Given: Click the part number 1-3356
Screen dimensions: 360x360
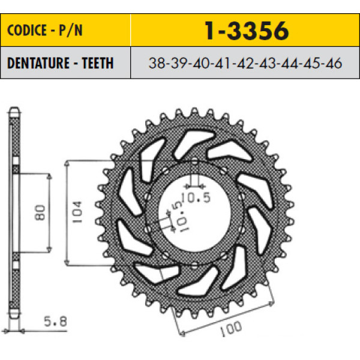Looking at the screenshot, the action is click(246, 31).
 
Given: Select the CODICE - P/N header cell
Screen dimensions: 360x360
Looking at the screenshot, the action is click(65, 31).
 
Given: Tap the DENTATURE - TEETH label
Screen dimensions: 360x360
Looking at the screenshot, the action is click(61, 63).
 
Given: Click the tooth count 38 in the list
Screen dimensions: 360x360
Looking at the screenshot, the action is click(157, 64).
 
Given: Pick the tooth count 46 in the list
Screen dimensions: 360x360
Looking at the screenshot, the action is click(334, 64).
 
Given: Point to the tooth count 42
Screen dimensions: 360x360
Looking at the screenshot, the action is click(245, 64).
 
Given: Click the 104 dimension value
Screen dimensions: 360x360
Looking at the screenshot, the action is click(77, 212).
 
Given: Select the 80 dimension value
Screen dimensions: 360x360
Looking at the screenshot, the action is click(40, 212).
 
